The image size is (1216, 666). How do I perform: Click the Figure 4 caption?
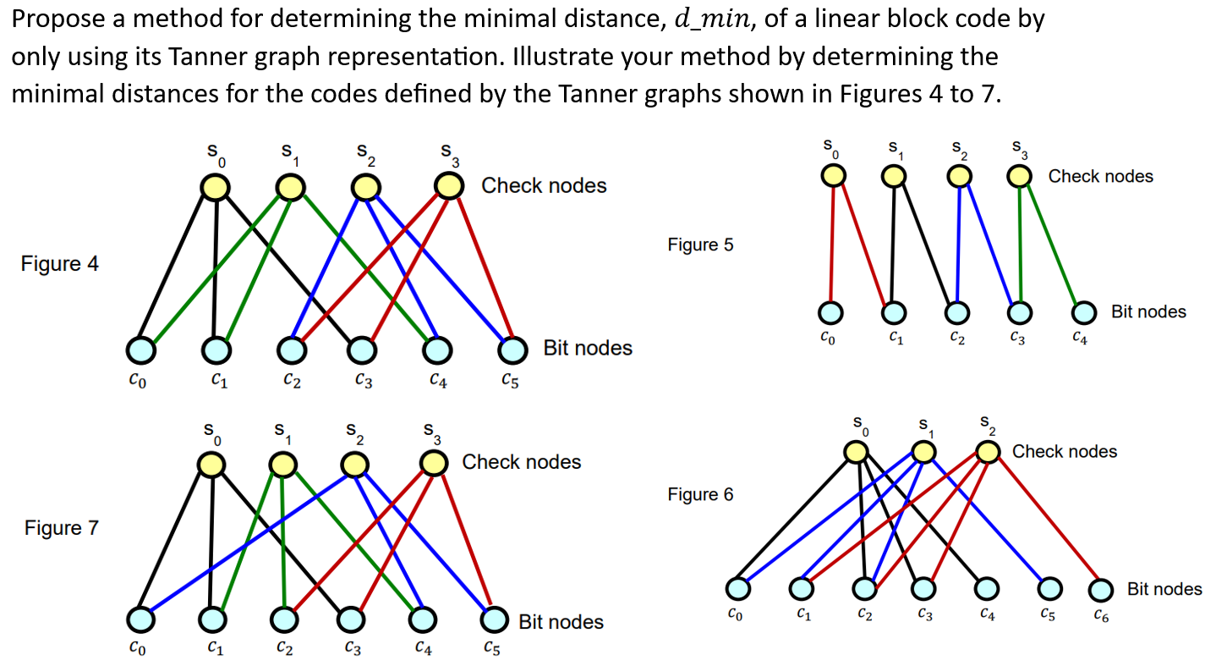tap(59, 264)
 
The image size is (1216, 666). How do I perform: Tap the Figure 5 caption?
tap(700, 245)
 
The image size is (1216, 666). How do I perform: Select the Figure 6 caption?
tap(700, 494)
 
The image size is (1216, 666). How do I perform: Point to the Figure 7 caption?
tap(61, 528)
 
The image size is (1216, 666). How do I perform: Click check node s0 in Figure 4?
tap(215, 188)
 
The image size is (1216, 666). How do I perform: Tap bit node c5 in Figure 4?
tap(510, 348)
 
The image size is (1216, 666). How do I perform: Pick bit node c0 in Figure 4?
tap(141, 349)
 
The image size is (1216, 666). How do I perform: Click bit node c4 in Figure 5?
tap(1084, 312)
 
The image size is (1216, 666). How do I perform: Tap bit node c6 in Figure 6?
tap(1100, 588)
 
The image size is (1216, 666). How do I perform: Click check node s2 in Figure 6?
tap(988, 452)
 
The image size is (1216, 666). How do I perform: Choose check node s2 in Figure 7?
tap(356, 464)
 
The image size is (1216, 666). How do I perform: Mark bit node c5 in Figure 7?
tap(494, 619)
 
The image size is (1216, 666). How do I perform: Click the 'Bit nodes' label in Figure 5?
tap(1148, 311)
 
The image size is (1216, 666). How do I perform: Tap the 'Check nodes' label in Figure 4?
tap(544, 185)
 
